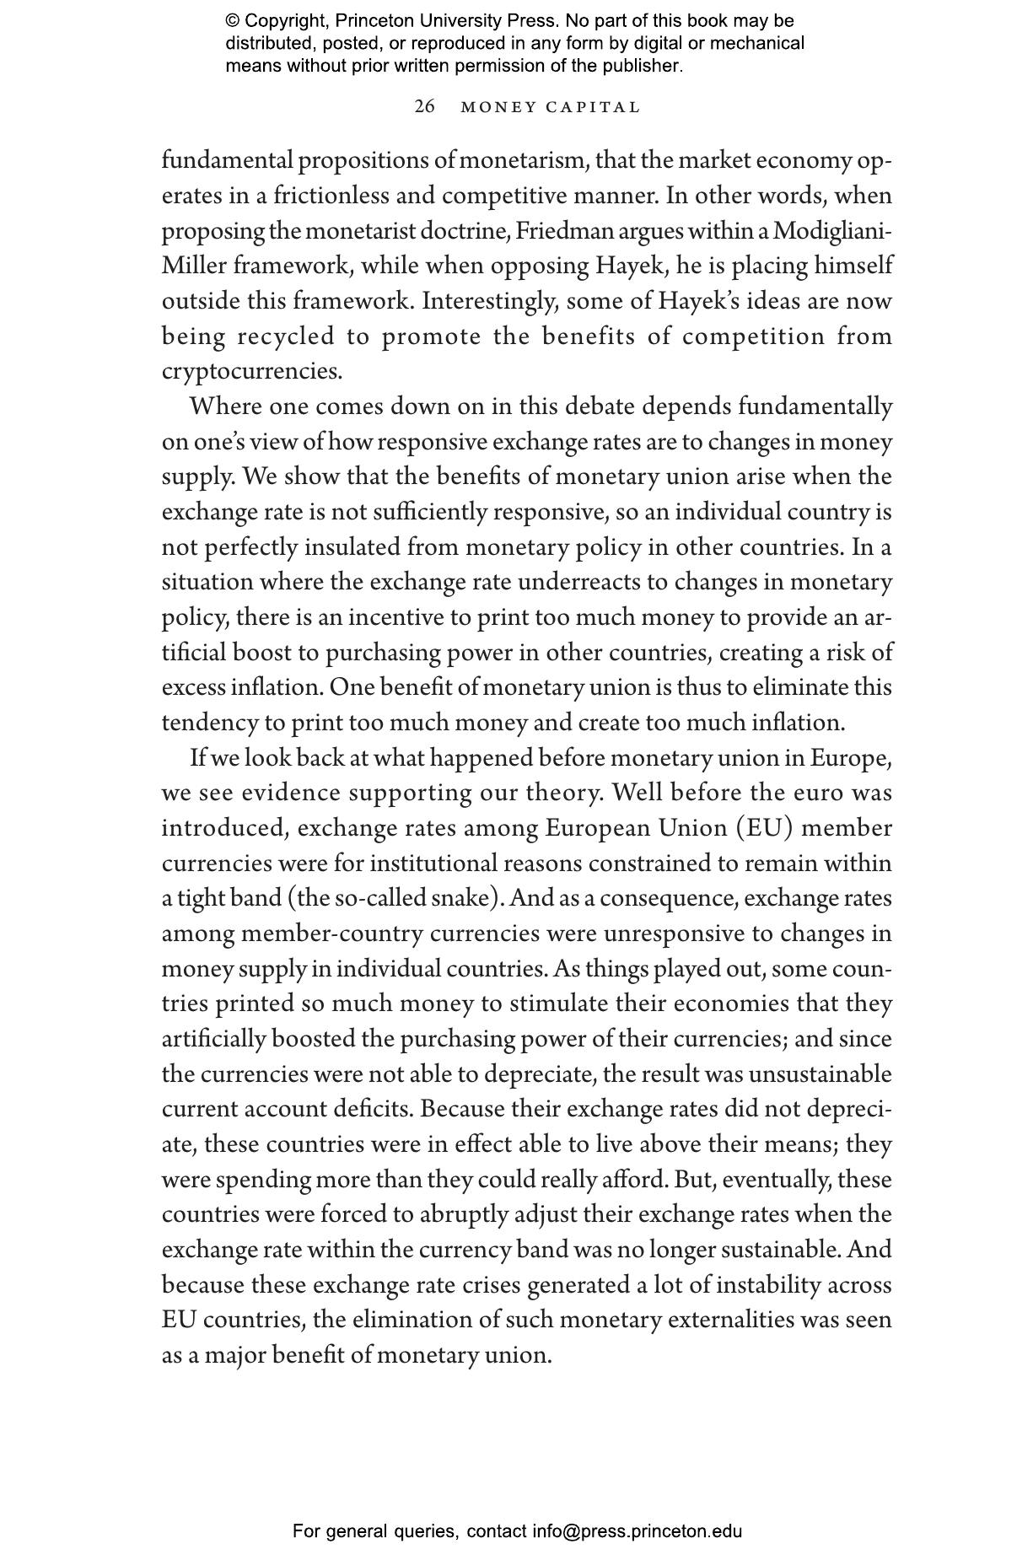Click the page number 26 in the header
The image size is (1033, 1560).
coord(425,106)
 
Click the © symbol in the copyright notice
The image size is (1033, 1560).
coord(232,21)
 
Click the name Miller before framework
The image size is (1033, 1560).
coord(194,266)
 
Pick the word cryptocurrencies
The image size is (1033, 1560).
coord(252,371)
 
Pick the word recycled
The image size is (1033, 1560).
coord(287,336)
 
